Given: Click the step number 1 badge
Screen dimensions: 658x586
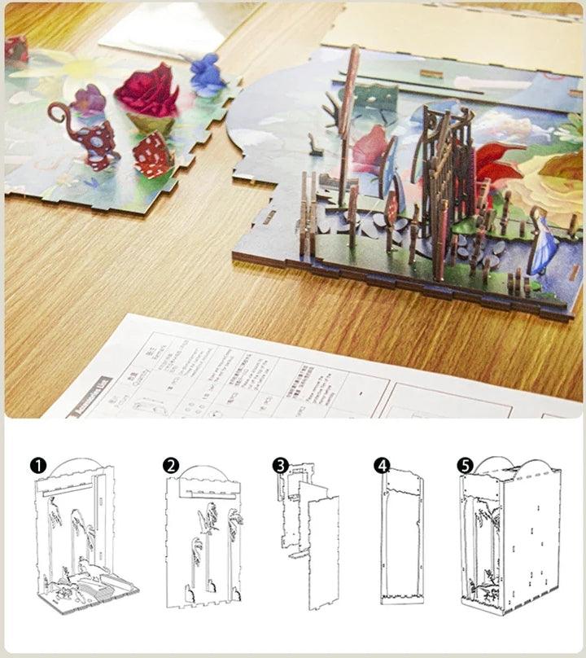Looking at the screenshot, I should [x=37, y=466].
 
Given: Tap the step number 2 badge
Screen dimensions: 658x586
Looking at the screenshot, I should [x=170, y=466].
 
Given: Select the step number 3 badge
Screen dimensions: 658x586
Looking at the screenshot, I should [x=281, y=466].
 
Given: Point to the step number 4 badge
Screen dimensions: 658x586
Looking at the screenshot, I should [x=382, y=466].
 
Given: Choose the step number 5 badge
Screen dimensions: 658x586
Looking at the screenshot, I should [x=465, y=466].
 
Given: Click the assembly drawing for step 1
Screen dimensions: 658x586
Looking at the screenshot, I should [x=85, y=537].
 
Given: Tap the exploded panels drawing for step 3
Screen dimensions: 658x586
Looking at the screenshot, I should [x=309, y=537].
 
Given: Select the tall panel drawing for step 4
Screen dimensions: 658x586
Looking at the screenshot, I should [x=402, y=542].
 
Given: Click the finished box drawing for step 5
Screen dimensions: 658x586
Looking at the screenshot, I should [x=509, y=542].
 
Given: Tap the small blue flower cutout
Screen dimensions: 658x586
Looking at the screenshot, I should [x=207, y=74].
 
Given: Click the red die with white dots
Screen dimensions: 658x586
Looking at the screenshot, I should [x=152, y=155].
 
